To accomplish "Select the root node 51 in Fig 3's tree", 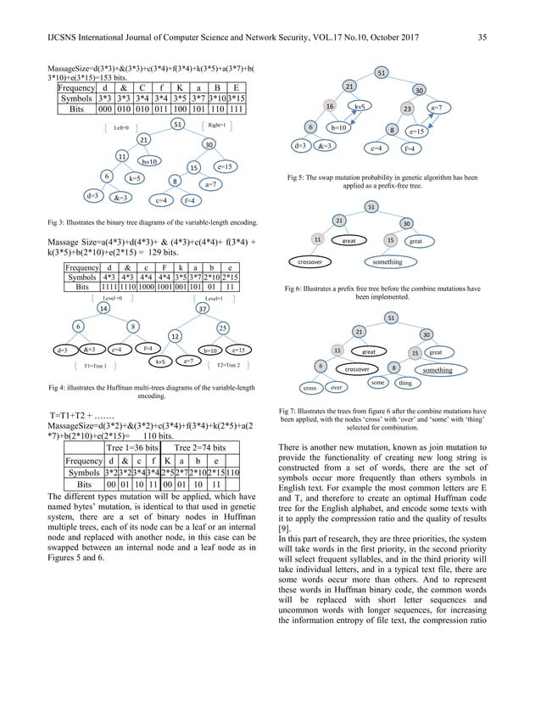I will [177, 124].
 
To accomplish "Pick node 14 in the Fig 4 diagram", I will [103, 310].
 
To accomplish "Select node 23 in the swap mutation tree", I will [407, 109].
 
